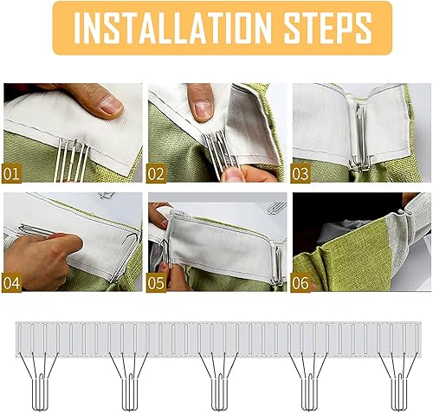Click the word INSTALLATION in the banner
[x=172, y=28]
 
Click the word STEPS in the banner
[x=328, y=28]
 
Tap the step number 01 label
[x=11, y=174]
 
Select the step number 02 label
[x=156, y=174]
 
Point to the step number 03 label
[x=301, y=174]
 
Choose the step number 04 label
[x=11, y=283]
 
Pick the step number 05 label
[x=156, y=283]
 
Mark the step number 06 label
[x=301, y=283]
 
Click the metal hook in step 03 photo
[x=359, y=139]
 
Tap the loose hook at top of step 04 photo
[x=107, y=196]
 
